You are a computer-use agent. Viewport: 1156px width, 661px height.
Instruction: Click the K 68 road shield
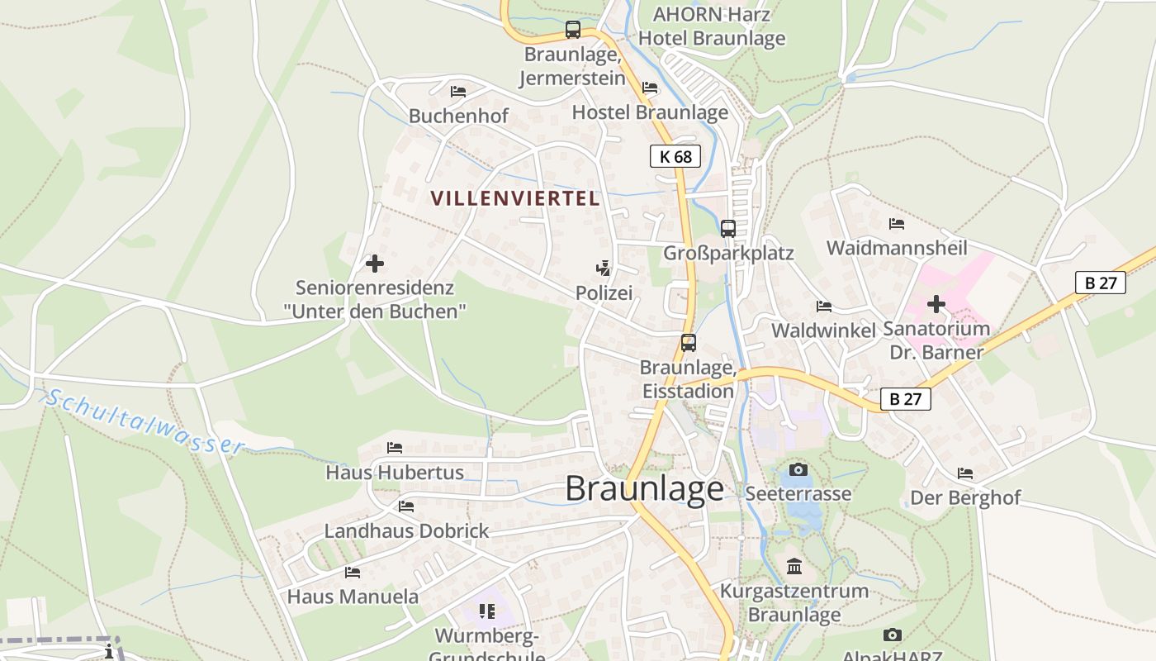tap(675, 156)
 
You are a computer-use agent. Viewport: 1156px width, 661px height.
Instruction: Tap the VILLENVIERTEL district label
tap(514, 198)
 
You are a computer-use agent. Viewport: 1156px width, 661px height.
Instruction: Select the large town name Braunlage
tap(644, 489)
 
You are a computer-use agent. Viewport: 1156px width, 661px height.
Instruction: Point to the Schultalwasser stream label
tap(144, 421)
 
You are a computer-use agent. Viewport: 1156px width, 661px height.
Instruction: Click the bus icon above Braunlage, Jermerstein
tap(572, 30)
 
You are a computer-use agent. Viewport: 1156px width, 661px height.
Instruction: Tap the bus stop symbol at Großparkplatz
tap(727, 229)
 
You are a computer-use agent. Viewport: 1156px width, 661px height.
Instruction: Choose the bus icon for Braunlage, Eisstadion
tap(688, 343)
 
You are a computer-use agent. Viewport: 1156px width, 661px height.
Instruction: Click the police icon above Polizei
tap(604, 269)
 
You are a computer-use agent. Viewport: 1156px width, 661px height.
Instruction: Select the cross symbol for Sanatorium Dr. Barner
tap(936, 304)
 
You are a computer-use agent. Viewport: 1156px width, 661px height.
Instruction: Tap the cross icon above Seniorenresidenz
tap(374, 264)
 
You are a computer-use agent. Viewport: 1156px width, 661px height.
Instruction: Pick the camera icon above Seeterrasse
tap(798, 469)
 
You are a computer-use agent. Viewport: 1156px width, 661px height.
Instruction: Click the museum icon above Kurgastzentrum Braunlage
tap(794, 567)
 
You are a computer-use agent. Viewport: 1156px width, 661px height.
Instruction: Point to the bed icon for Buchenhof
tap(458, 92)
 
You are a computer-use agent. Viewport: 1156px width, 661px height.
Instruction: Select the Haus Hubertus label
tap(395, 473)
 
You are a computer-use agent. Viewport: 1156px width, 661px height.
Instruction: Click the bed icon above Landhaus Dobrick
tap(405, 506)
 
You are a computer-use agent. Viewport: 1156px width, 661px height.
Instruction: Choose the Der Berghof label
tap(965, 498)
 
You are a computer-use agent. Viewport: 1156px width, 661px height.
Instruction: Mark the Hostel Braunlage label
tap(650, 112)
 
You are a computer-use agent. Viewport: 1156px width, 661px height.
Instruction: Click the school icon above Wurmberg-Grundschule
tap(486, 611)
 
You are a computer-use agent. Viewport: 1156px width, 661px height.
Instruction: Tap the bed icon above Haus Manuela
tap(353, 572)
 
